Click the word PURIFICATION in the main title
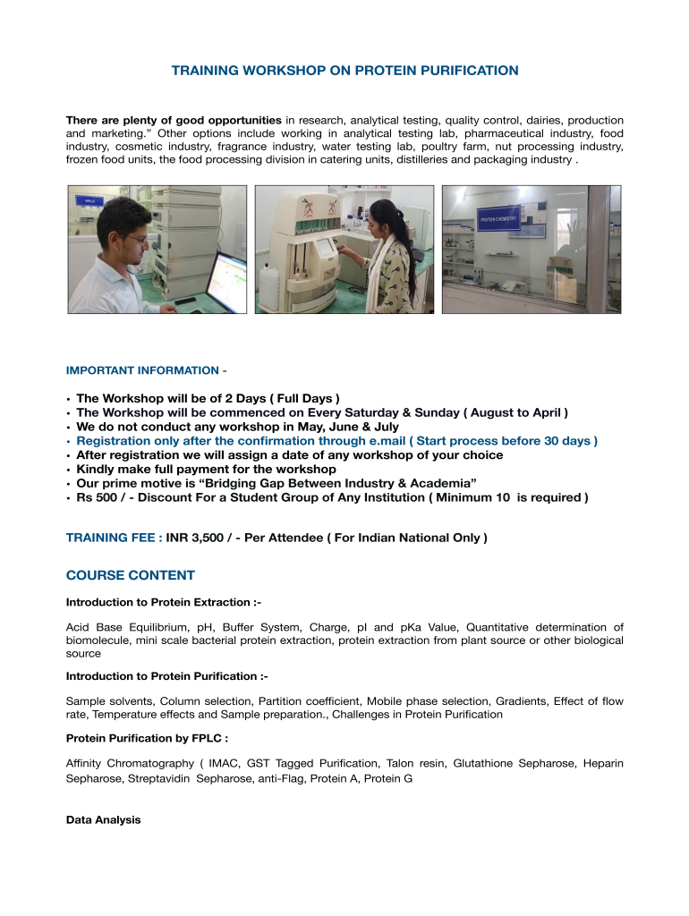pyautogui.click(x=464, y=70)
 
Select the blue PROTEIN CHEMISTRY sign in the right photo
pyautogui.click(x=499, y=218)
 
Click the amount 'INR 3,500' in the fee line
pyautogui.click(x=197, y=539)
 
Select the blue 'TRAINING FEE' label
pyautogui.click(x=114, y=539)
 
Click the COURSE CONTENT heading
pyautogui.click(x=131, y=575)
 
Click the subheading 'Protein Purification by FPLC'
pyautogui.click(x=147, y=738)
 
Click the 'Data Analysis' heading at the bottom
pyautogui.click(x=104, y=819)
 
